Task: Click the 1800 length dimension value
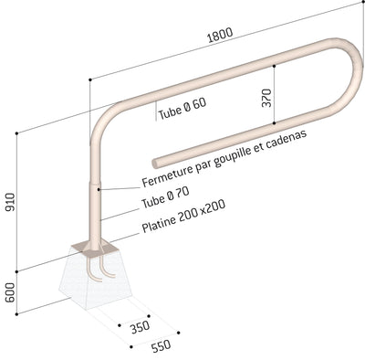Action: (x=220, y=35)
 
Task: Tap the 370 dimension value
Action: (x=266, y=98)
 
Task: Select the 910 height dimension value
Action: (x=10, y=202)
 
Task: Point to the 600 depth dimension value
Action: (x=10, y=292)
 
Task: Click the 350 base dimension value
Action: (x=141, y=327)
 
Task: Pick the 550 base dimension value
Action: (x=161, y=346)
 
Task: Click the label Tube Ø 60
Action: (x=182, y=109)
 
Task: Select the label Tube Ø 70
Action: (x=165, y=197)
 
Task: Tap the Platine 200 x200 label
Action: (x=183, y=216)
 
